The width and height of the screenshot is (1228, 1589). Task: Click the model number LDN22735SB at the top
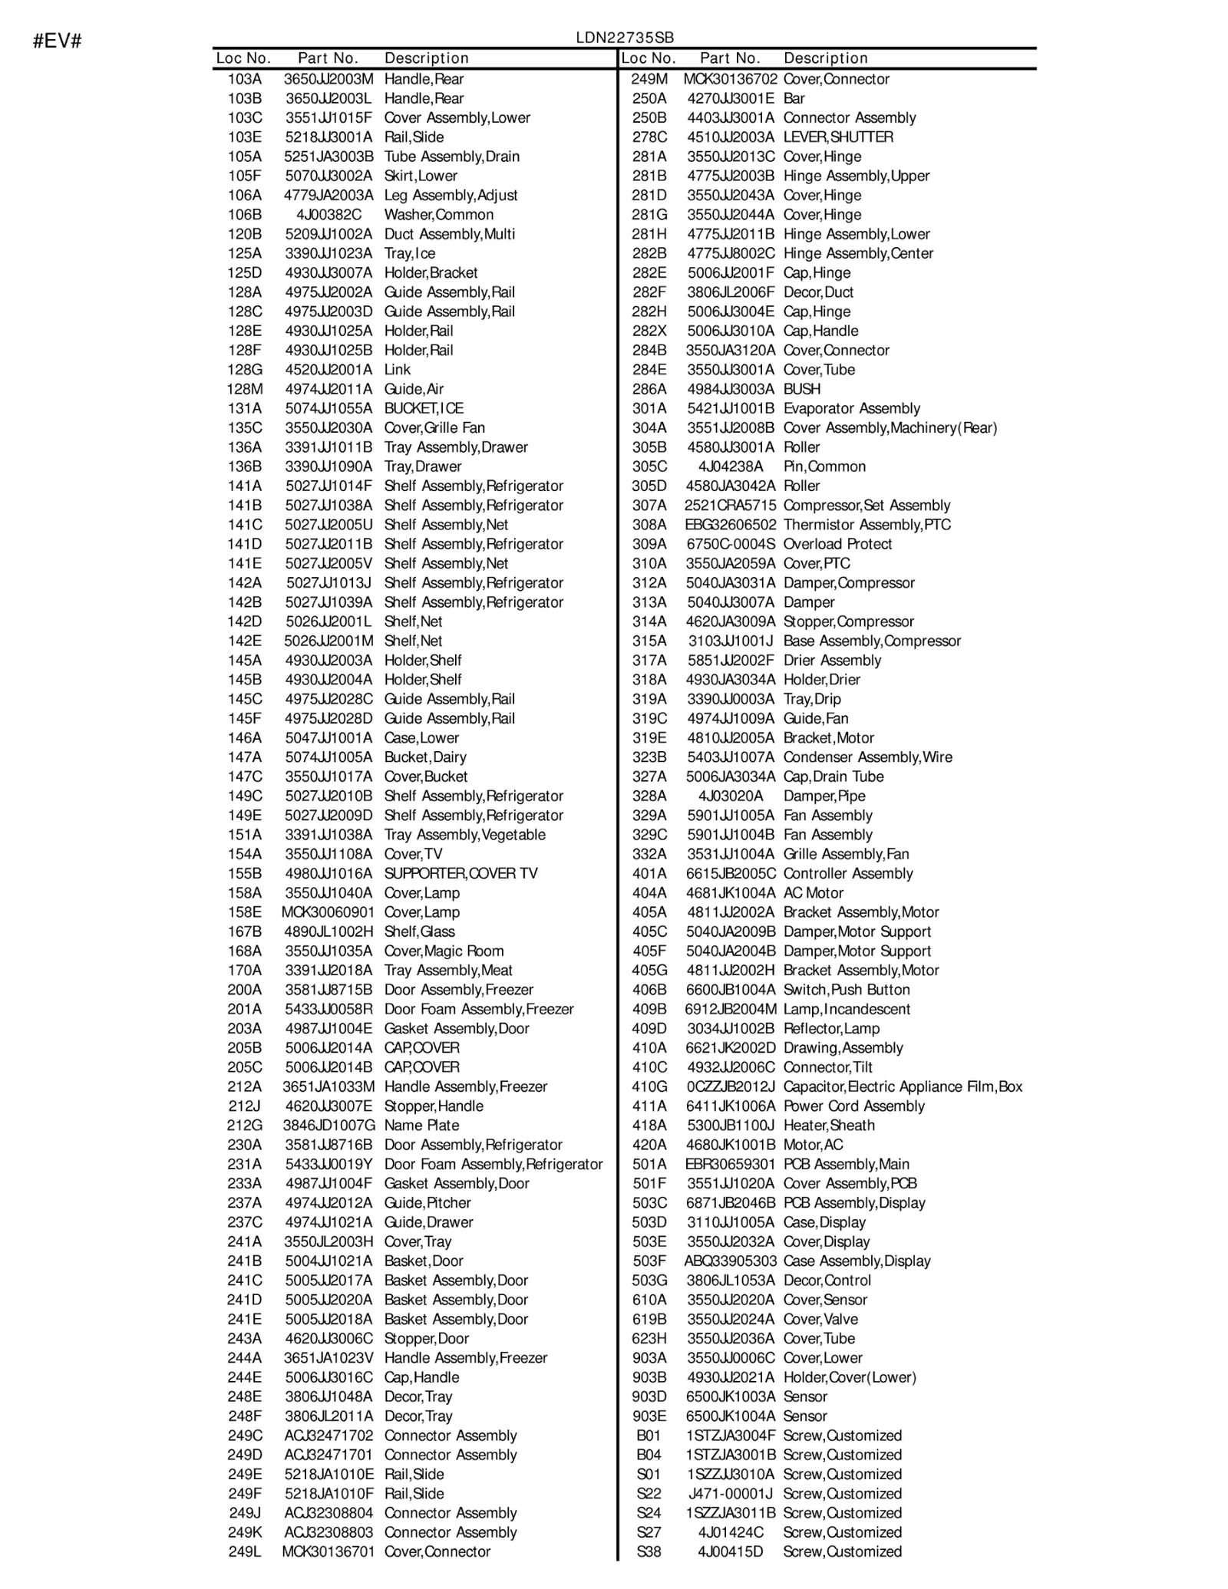[x=625, y=38]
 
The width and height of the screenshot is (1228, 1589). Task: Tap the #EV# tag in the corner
[x=57, y=41]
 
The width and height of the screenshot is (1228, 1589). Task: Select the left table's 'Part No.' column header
[x=328, y=58]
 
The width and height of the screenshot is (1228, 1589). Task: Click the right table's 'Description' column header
[x=825, y=58]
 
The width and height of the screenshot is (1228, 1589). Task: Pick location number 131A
[x=245, y=408]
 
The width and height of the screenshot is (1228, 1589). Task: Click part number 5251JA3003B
[x=328, y=157]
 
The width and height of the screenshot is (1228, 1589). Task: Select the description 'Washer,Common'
[x=438, y=215]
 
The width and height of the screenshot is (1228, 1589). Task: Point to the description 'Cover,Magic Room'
[x=444, y=951]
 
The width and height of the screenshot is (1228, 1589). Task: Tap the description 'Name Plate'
[x=421, y=1125]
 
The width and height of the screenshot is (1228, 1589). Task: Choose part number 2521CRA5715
[x=730, y=505]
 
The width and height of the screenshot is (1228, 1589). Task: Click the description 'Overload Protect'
[x=837, y=544]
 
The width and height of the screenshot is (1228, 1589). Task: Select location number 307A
[x=649, y=505]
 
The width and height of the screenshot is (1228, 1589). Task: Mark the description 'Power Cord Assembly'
[x=853, y=1106]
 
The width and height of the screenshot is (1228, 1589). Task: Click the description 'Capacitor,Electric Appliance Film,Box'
[x=903, y=1086]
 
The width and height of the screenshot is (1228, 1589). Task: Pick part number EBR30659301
[x=730, y=1164]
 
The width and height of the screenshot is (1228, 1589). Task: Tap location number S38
[x=649, y=1551]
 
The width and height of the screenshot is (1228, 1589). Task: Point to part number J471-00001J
[x=730, y=1493]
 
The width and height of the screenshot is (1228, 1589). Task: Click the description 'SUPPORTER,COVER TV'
[x=460, y=873]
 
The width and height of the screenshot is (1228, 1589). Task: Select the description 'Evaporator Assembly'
[x=851, y=408]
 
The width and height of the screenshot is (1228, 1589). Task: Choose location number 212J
[x=245, y=1106]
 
